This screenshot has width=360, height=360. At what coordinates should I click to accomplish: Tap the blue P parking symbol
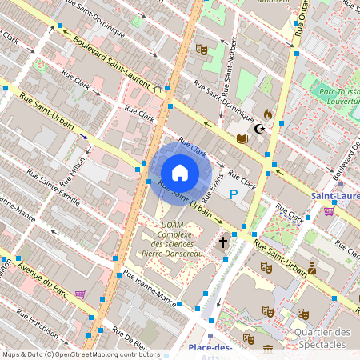coord(234,194)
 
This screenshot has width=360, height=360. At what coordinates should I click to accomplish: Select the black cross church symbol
coord(223,240)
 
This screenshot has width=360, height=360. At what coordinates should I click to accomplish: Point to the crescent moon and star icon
coord(258,128)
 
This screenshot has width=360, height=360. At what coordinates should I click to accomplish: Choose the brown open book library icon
coord(242,138)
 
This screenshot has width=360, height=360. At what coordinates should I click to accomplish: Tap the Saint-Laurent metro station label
coord(334,196)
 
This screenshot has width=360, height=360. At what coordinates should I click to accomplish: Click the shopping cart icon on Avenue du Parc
coord(80,294)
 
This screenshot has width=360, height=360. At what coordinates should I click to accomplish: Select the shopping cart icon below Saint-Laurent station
coord(329,211)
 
